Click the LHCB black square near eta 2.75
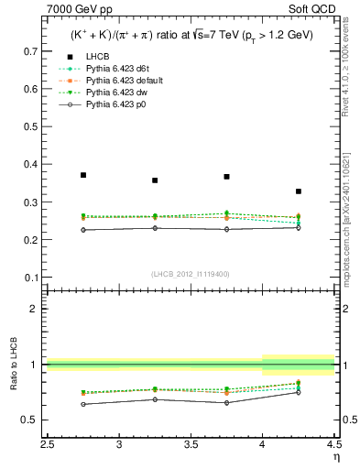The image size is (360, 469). tap(83, 174)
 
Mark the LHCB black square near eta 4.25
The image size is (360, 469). tap(299, 191)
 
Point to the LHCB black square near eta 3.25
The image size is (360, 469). tap(155, 180)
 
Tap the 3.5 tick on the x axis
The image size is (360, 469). tap(191, 445)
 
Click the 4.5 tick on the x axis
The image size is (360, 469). tap(333, 445)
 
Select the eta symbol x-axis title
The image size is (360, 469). tap(335, 457)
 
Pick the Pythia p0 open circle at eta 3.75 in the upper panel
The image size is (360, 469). tap(227, 229)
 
